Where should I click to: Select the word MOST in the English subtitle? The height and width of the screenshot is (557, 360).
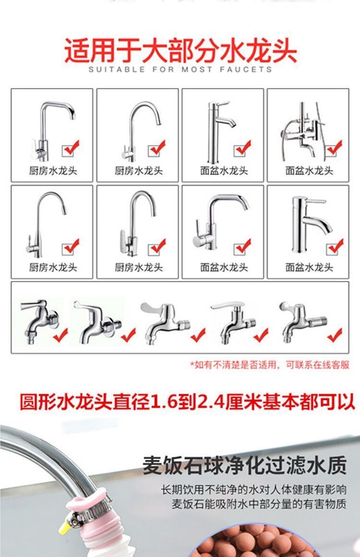point(197,69)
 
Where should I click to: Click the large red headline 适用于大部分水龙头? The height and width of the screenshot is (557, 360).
point(180,51)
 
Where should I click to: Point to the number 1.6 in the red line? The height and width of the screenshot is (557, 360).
point(164,401)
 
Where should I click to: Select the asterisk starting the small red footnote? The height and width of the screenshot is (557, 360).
point(192,364)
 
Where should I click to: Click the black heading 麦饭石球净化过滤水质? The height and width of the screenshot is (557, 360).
point(245,465)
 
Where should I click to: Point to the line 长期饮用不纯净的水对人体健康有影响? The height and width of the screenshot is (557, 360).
point(253,490)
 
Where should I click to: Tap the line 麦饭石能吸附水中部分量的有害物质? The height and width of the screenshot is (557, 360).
point(259,504)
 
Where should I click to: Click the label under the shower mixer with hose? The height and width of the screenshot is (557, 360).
point(309,171)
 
